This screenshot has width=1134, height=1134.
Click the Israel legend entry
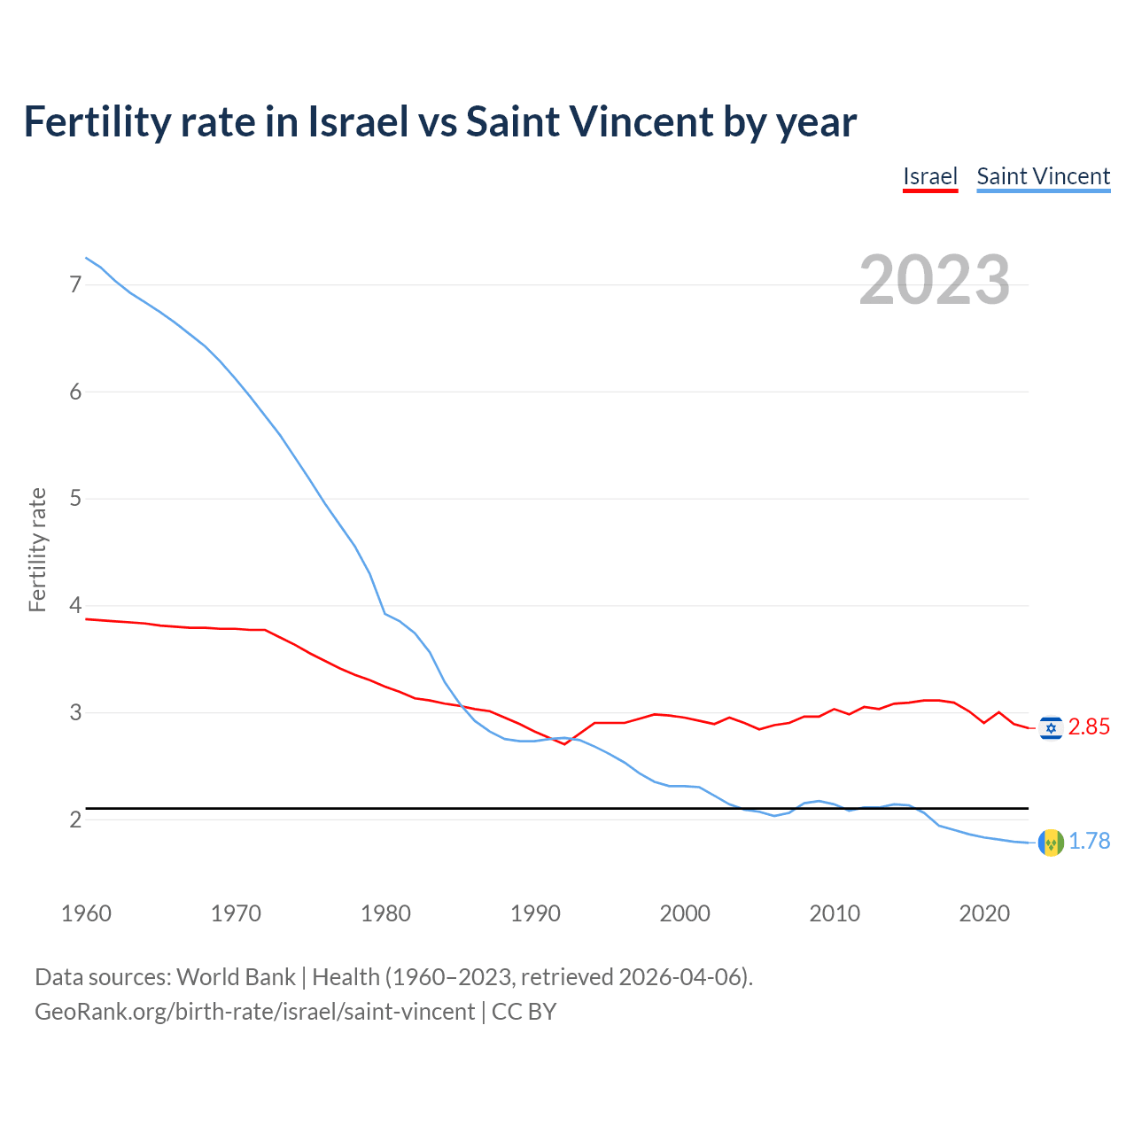[x=930, y=176]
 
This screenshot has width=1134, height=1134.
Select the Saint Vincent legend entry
[x=1043, y=176]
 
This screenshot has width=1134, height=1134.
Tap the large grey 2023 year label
[x=934, y=280]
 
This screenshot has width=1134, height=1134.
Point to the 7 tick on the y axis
[x=75, y=284]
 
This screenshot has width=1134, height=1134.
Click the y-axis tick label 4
[x=75, y=606]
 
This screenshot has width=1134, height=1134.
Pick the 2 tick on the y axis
[x=75, y=819]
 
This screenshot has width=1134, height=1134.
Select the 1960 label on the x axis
[x=86, y=913]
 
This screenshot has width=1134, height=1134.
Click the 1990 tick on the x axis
[x=535, y=913]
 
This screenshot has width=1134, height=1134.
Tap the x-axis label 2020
[x=984, y=913]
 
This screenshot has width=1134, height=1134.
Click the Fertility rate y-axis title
[x=37, y=549]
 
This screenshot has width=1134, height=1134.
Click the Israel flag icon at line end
[x=1051, y=727]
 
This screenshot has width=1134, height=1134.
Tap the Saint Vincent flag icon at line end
[x=1051, y=842]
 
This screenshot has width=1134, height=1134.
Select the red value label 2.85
[x=1089, y=727]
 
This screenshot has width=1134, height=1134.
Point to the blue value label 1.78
[x=1089, y=842]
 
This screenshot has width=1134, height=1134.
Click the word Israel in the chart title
[x=358, y=121]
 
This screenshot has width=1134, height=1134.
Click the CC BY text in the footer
[x=524, y=1012]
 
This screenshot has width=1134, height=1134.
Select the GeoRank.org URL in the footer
[x=254, y=1012]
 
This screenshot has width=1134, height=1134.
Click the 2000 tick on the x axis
[x=685, y=913]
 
